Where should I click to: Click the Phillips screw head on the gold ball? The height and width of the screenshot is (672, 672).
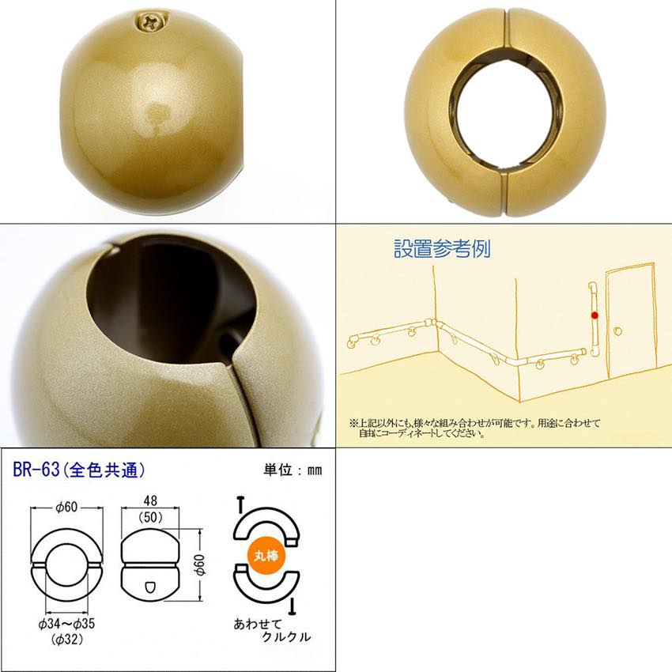[153, 21]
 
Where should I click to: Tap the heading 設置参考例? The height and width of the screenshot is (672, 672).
[442, 248]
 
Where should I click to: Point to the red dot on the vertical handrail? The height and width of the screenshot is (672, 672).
[595, 315]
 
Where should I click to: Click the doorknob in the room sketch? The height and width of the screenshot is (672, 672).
[617, 331]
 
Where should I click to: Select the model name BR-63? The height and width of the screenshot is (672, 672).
[36, 470]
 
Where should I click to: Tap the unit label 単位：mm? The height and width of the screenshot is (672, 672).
[293, 470]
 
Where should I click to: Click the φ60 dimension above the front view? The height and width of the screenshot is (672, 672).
[66, 507]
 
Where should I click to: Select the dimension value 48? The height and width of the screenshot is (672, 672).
[150, 500]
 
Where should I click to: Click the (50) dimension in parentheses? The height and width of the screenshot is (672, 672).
[150, 517]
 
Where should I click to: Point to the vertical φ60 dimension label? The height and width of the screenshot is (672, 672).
[200, 564]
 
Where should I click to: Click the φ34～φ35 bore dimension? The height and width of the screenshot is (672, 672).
[66, 624]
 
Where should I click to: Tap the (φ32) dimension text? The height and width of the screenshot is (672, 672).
[67, 640]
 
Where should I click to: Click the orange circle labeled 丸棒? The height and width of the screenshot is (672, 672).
[266, 556]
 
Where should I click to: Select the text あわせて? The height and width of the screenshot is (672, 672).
[258, 624]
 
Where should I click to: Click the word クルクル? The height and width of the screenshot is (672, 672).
[286, 637]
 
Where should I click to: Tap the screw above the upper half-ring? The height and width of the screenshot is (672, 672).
[240, 505]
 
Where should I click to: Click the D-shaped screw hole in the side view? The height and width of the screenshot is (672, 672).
[150, 587]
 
